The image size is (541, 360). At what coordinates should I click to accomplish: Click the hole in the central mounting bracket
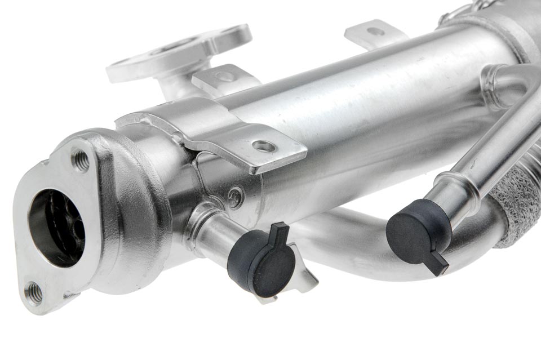264,146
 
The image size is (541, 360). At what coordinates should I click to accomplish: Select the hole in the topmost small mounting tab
375,32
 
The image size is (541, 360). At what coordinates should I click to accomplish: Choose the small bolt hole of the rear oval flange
226,32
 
